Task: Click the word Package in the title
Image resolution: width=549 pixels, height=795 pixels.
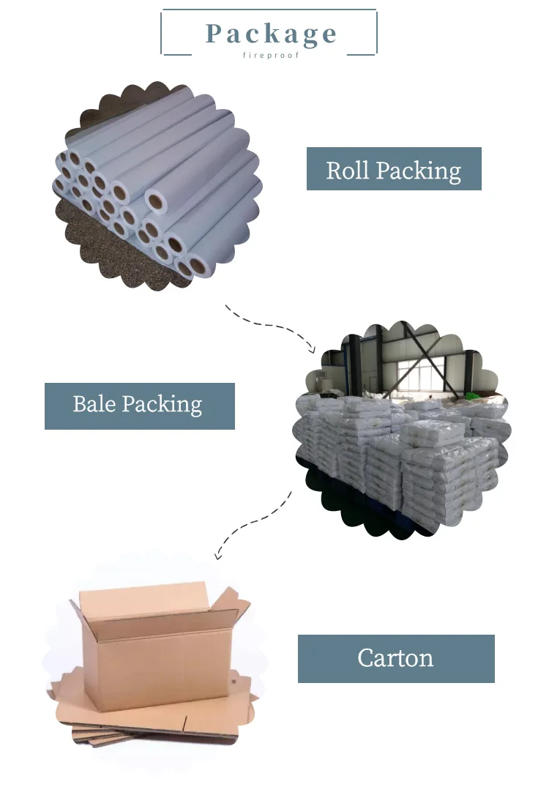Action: pos(271,34)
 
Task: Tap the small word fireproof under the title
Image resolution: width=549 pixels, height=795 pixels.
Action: pos(271,56)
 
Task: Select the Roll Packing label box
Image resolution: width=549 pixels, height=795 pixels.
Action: pos(394,169)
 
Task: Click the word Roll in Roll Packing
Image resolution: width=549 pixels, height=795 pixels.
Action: pos(348,170)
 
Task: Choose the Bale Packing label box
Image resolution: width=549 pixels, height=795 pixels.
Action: pos(139,406)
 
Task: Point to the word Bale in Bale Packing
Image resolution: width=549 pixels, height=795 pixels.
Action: pos(94,404)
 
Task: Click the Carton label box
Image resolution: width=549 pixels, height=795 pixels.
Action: pos(396,658)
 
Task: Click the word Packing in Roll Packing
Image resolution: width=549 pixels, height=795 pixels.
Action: pos(419,171)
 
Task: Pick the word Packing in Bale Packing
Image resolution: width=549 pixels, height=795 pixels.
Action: pos(162,406)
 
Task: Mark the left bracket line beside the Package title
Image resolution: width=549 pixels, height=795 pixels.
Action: pos(163,33)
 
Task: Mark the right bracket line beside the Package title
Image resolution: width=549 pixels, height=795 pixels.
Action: pos(376,33)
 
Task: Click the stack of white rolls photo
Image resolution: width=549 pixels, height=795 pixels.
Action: pos(157,187)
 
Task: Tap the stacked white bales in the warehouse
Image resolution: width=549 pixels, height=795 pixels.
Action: pos(403,454)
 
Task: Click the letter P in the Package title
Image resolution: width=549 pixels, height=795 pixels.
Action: pos(214,34)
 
